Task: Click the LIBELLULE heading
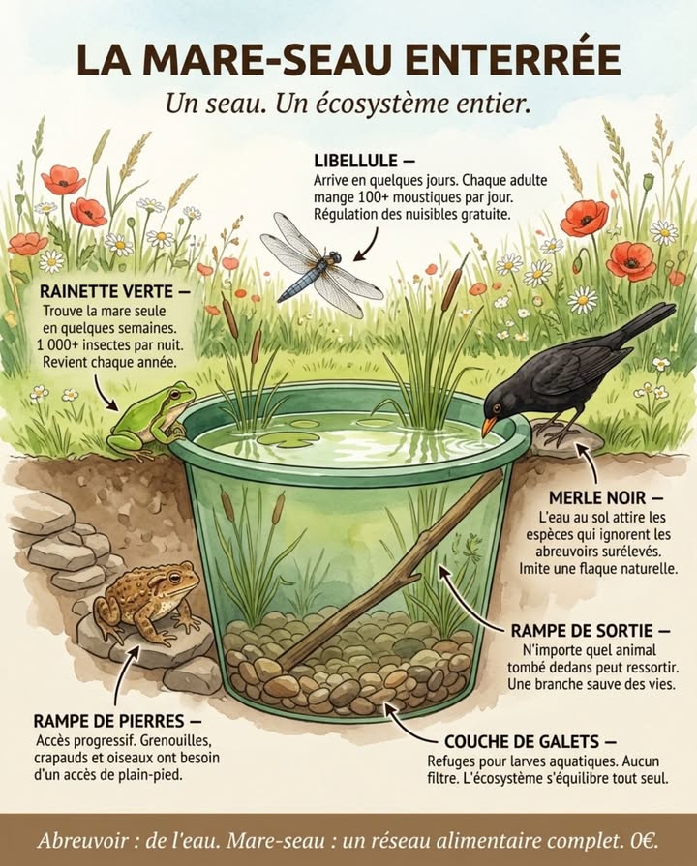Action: click(350, 160)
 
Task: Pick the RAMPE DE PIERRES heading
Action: click(117, 721)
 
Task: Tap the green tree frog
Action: click(150, 418)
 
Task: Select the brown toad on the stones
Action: click(145, 600)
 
